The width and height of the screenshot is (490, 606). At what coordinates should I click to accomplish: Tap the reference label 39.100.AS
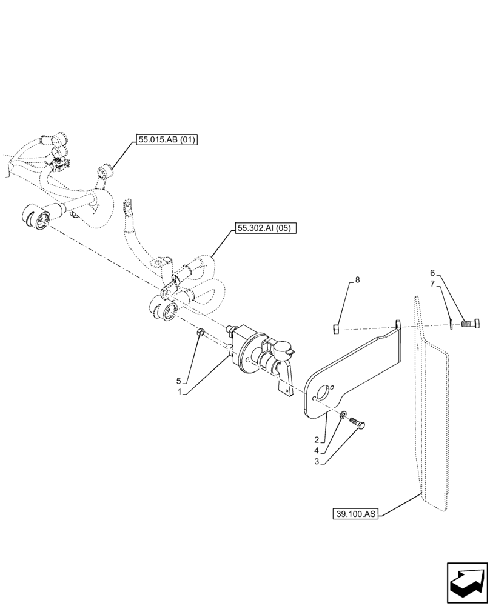(355, 514)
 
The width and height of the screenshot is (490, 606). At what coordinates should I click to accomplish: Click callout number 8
(357, 279)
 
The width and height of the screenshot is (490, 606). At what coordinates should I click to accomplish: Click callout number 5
(179, 381)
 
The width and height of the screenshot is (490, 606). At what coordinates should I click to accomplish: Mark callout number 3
(317, 462)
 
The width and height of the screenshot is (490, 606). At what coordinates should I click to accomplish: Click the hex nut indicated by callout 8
(337, 329)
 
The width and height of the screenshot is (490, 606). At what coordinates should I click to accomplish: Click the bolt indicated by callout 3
(358, 425)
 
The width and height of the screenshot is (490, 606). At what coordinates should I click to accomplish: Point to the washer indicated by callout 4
(343, 415)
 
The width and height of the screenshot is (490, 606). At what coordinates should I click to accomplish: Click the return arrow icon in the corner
(466, 583)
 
